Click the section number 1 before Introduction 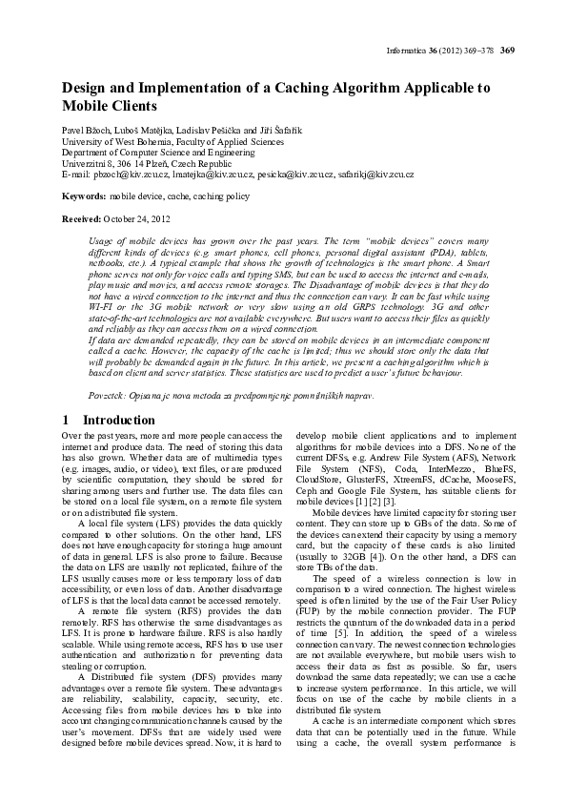pos(65,420)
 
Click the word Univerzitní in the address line pos(88,164)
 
